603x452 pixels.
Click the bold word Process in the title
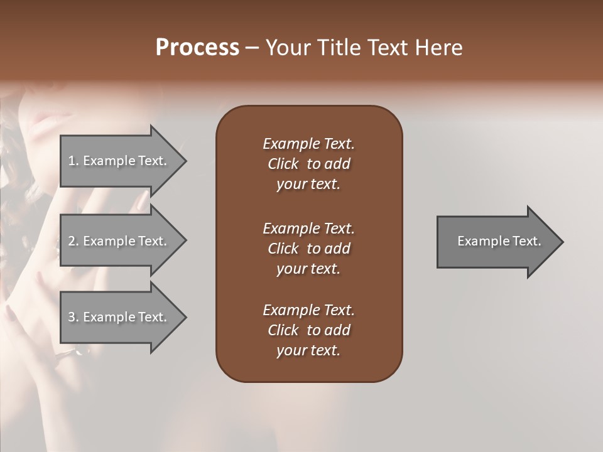(197, 48)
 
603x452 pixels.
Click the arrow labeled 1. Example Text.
(119, 161)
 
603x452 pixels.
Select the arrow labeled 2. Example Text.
(119, 241)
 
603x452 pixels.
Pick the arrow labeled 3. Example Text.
(119, 317)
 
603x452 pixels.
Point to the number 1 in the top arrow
(72, 161)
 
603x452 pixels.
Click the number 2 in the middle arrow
(72, 241)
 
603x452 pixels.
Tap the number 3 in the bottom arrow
(72, 317)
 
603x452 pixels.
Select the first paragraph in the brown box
(308, 164)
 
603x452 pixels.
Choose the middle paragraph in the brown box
(308, 249)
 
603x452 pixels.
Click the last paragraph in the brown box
(308, 330)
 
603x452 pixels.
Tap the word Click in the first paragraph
(283, 164)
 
